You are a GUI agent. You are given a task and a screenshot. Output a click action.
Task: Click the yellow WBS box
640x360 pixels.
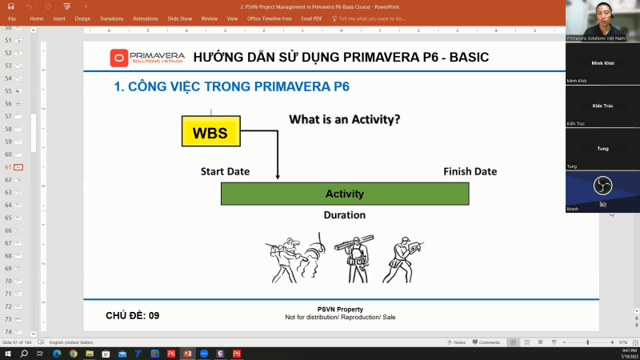(x=211, y=133)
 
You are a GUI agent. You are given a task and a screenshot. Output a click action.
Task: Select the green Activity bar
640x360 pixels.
(x=345, y=194)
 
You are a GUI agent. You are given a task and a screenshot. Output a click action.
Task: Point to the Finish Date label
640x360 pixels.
(x=470, y=172)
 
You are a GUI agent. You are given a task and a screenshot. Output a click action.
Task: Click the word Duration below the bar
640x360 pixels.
(x=344, y=215)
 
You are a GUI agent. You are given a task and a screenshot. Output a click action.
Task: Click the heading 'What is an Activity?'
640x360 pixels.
(x=344, y=120)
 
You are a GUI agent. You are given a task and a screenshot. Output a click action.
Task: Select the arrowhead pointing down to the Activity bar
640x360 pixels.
(x=278, y=177)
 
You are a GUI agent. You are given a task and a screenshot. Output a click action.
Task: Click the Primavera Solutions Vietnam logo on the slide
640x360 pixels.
(x=147, y=58)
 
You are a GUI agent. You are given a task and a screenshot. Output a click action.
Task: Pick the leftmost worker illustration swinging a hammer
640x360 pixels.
(x=295, y=258)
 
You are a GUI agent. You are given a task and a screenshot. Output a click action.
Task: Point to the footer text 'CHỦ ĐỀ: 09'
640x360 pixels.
(x=133, y=316)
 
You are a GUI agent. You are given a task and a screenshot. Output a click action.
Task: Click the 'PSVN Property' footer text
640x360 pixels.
(x=340, y=310)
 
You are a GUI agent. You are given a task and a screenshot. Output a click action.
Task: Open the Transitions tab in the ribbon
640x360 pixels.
(x=111, y=18)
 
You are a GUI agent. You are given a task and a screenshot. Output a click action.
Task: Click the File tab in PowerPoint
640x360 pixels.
(x=12, y=18)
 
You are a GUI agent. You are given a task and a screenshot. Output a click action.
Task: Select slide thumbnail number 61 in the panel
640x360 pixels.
(x=18, y=167)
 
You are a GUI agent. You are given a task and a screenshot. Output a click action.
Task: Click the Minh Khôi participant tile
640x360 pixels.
(x=602, y=64)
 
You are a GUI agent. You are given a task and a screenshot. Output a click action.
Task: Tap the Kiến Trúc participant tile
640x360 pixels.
(x=602, y=106)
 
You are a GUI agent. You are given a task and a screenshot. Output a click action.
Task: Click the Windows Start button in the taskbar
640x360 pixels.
(x=7, y=354)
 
